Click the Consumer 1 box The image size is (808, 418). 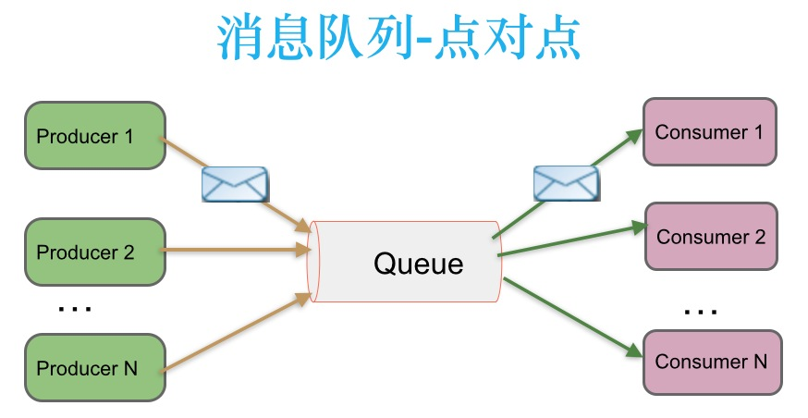point(709,132)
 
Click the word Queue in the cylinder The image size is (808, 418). point(418,264)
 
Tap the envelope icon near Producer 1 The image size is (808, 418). point(235,185)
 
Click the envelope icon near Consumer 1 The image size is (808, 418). point(566,182)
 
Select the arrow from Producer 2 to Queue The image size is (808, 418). point(236,250)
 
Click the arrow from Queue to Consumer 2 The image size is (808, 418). point(569,240)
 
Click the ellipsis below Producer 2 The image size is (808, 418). point(74,308)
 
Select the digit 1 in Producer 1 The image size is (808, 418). point(129,136)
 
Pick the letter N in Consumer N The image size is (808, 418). point(759,361)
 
